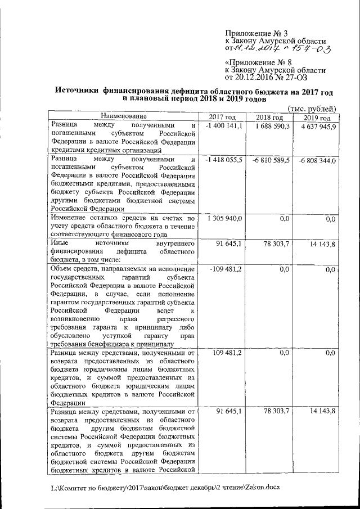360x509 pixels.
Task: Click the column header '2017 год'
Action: click(x=222, y=116)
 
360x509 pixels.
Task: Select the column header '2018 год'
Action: click(x=269, y=116)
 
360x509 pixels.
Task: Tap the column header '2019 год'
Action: click(x=317, y=116)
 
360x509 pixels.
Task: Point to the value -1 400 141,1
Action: click(x=223, y=126)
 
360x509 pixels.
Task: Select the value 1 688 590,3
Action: click(x=271, y=126)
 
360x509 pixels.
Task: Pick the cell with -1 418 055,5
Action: click(x=223, y=160)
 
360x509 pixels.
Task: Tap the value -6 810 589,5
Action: click(x=271, y=160)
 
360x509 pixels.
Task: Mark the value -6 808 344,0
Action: click(x=318, y=160)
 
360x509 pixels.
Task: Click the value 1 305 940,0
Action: click(x=224, y=218)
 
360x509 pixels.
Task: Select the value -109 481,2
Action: click(x=226, y=269)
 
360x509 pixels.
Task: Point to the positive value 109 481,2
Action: click(x=227, y=353)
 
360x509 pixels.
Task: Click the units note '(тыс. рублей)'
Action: click(x=312, y=109)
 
